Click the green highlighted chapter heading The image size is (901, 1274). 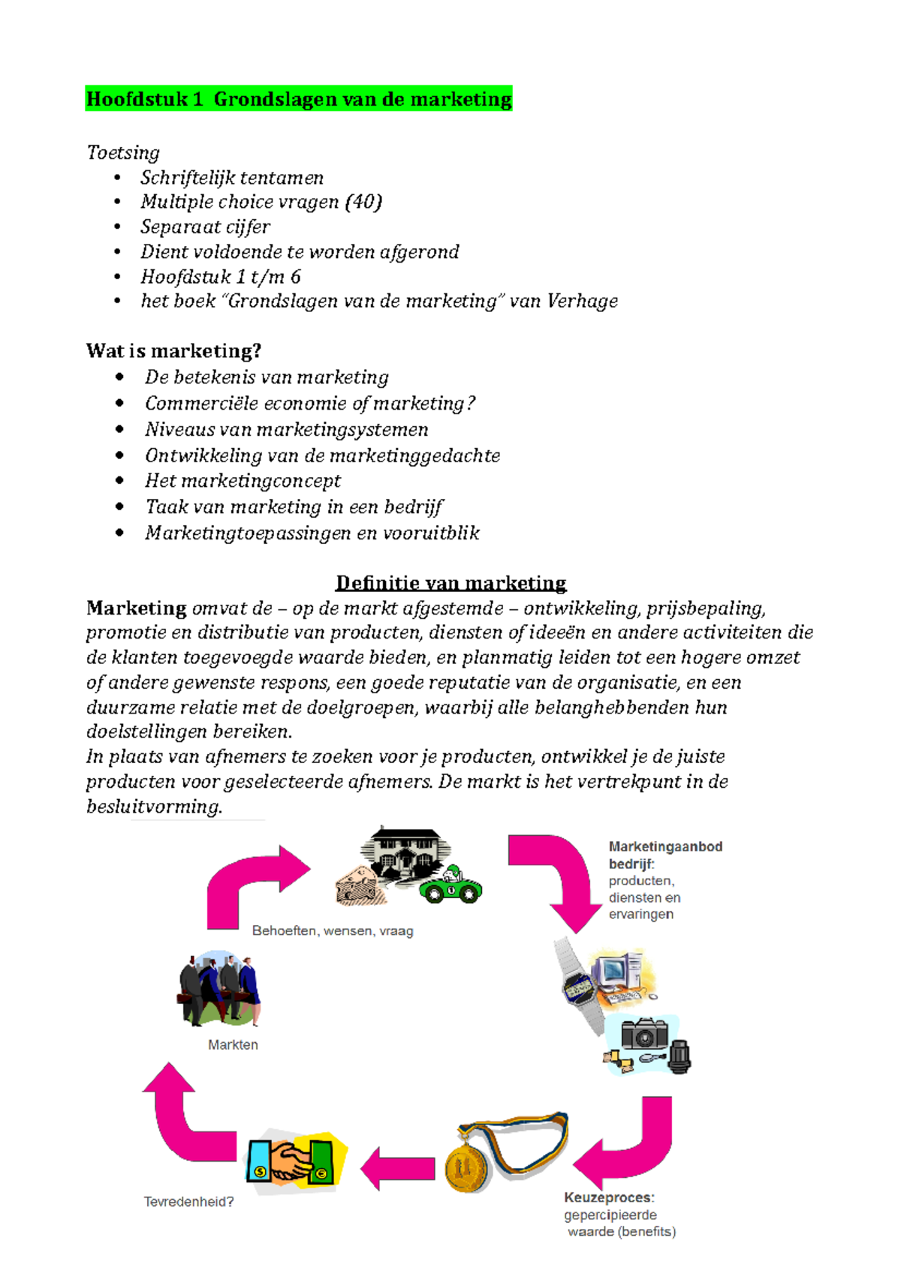tap(299, 99)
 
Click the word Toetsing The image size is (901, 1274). tap(123, 153)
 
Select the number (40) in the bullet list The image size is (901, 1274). tap(363, 202)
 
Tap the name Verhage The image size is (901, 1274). tap(582, 301)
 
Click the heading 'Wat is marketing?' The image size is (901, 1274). tap(173, 351)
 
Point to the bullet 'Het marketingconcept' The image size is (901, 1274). tap(243, 481)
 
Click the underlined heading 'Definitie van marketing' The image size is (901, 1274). tap(450, 583)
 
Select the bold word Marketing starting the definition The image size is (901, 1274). tap(136, 608)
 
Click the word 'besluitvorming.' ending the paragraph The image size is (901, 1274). tap(154, 807)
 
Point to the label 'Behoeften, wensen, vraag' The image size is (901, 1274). tap(333, 931)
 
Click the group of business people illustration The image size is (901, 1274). tap(219, 988)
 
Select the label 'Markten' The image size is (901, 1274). tap(233, 1044)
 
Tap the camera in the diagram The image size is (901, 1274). tap(644, 1034)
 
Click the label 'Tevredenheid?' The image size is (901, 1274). tap(188, 1202)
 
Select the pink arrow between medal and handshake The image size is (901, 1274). tap(399, 1168)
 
